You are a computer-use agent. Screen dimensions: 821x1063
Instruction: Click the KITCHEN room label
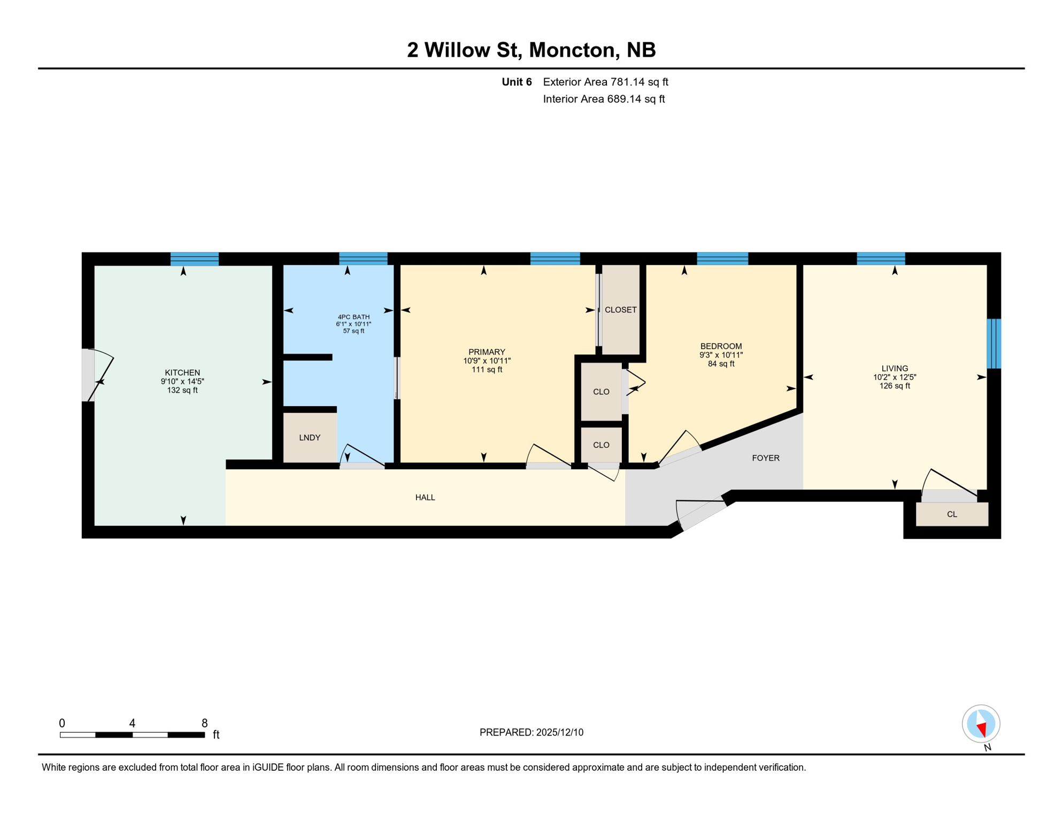click(182, 373)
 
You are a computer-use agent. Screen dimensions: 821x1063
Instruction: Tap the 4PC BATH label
click(353, 317)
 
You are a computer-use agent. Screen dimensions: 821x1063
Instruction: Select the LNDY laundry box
click(310, 438)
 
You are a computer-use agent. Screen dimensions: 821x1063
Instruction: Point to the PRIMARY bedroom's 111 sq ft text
click(487, 369)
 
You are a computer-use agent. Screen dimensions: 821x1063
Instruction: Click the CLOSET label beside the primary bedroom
click(620, 310)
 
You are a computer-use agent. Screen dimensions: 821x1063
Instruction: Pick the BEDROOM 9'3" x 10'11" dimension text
click(721, 355)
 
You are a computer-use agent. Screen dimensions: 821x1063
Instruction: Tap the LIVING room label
click(895, 368)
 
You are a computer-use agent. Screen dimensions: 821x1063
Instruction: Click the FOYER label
click(765, 458)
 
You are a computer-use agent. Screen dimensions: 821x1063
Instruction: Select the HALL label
click(425, 498)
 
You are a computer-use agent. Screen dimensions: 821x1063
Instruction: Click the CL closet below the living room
click(952, 514)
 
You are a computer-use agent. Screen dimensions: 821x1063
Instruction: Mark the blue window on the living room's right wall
click(993, 344)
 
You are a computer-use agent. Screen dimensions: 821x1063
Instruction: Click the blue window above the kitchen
click(195, 259)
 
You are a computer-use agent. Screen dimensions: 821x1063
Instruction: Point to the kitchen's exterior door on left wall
click(89, 375)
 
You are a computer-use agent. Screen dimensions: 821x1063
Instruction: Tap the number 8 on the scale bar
click(204, 723)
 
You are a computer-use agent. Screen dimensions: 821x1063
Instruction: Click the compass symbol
click(981, 724)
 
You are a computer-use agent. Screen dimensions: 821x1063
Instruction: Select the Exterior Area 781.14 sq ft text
click(605, 82)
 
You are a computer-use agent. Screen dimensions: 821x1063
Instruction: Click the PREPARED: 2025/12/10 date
click(531, 732)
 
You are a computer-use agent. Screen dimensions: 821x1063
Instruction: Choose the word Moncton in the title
click(572, 50)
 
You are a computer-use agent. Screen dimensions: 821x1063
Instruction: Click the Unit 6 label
click(517, 82)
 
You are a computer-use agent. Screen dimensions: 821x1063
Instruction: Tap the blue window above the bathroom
click(363, 259)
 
